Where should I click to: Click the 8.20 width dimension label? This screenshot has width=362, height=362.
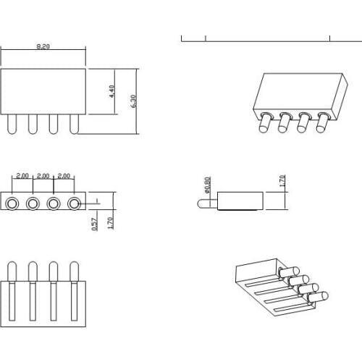[x=43, y=46]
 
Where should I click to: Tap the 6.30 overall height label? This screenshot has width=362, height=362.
[x=133, y=101]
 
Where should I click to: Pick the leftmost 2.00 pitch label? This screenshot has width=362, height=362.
[x=22, y=176]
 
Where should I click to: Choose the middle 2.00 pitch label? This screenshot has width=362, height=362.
[x=43, y=176]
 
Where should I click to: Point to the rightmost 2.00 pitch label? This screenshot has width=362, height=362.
[x=64, y=176]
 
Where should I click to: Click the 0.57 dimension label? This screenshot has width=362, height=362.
[x=95, y=224]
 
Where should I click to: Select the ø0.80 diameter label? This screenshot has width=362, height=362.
[x=207, y=186]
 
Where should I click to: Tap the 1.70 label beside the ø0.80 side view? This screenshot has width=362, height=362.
[x=282, y=180]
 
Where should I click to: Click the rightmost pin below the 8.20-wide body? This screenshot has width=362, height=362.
[x=73, y=125]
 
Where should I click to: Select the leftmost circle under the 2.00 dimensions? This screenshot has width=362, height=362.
[x=12, y=203]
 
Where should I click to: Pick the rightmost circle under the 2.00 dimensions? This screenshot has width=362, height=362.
[x=73, y=203]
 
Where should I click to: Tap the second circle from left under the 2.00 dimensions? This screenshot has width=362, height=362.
[x=33, y=203]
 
